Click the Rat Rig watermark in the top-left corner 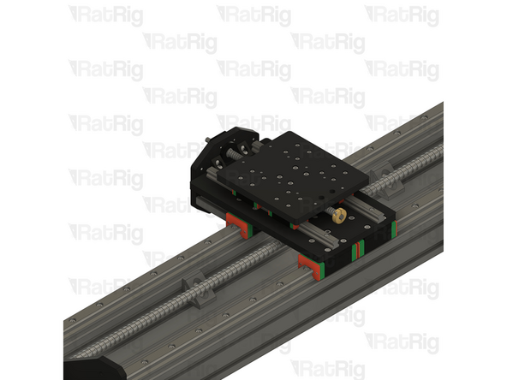point(105,15)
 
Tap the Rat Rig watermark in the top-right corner point(402,15)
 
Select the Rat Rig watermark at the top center point(254,15)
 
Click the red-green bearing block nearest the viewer point(312,266)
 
